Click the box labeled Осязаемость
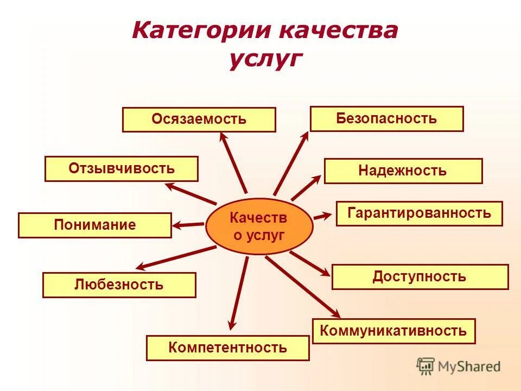pos(199,119)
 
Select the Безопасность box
pos(386,119)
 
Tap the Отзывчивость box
pos(121,168)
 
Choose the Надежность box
pos(403,171)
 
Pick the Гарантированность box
pos(419,213)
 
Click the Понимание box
pos(94,225)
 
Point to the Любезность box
pos(119,285)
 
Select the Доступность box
pos(420,277)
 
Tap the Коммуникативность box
pos(393,331)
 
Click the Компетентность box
pos(227,348)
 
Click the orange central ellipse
pos(259,226)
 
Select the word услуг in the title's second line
pos(264,59)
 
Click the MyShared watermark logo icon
pos(425,366)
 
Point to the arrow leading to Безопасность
pos(291,163)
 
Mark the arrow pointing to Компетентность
pos(238,293)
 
